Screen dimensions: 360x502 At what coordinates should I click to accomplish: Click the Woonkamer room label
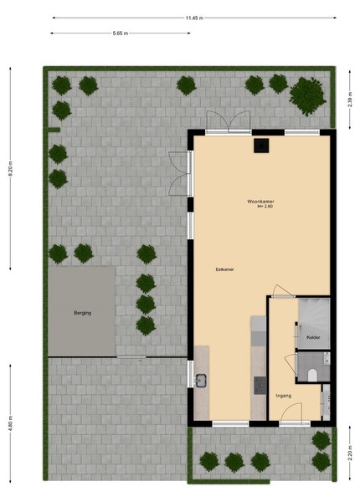pyautogui.click(x=260, y=202)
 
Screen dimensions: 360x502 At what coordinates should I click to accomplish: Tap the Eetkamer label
pyautogui.click(x=225, y=269)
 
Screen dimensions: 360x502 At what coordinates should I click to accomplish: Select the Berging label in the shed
pyautogui.click(x=83, y=313)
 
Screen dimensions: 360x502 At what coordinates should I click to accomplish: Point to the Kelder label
pyautogui.click(x=313, y=337)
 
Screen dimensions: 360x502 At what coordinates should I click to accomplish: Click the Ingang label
pyautogui.click(x=284, y=396)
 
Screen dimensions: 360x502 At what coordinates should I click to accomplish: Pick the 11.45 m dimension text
pyautogui.click(x=194, y=18)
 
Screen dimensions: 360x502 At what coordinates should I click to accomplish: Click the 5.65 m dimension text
pyautogui.click(x=121, y=33)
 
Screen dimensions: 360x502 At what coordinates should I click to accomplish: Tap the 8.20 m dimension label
pyautogui.click(x=10, y=169)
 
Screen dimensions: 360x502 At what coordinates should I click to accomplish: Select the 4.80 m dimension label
pyautogui.click(x=10, y=423)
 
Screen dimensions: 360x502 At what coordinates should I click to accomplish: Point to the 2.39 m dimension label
pyautogui.click(x=350, y=100)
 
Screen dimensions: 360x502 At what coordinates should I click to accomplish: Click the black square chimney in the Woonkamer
pyautogui.click(x=261, y=146)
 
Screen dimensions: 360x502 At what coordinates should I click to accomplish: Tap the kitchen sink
pyautogui.click(x=201, y=381)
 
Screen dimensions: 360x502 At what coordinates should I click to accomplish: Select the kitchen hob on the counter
pyautogui.click(x=260, y=386)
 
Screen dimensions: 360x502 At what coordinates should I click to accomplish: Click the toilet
pyautogui.click(x=312, y=375)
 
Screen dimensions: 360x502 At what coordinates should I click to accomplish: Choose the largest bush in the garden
pyautogui.click(x=308, y=96)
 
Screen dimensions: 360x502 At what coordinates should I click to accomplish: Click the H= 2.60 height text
pyautogui.click(x=265, y=207)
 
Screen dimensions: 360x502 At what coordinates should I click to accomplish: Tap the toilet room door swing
pyautogui.click(x=291, y=364)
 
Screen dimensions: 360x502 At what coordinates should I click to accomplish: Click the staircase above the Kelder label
pyautogui.click(x=314, y=316)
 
